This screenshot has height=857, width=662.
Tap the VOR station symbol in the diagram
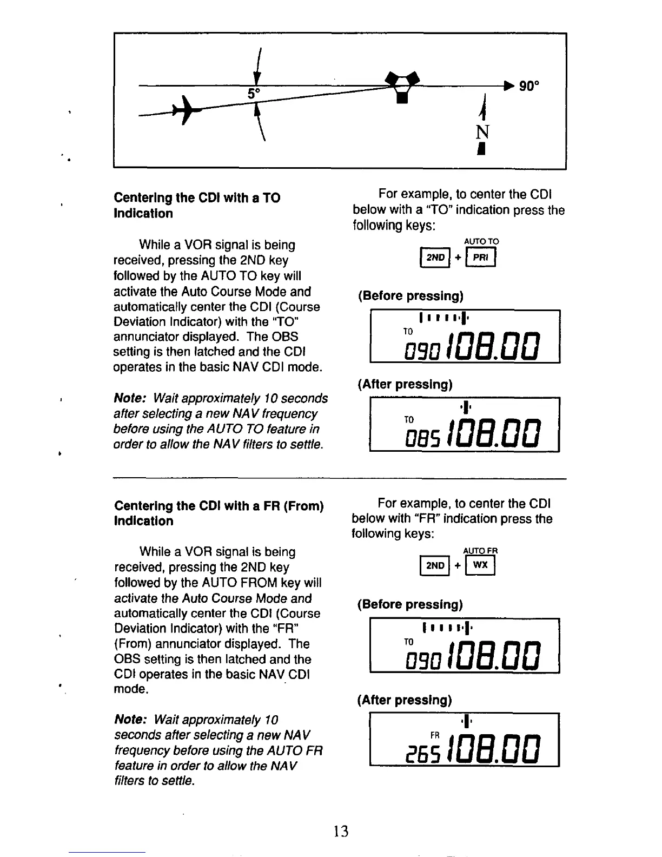pos(401,86)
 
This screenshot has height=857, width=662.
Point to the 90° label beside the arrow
pos(529,86)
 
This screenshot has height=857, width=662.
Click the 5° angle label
pos(254,94)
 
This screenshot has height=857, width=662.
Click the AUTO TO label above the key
pos(481,241)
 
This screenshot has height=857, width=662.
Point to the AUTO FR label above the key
pos(480,551)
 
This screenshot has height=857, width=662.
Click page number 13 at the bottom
pos(341,831)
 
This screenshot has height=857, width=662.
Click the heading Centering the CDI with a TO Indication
pos(197,206)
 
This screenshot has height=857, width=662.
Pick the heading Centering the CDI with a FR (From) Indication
pos(219,513)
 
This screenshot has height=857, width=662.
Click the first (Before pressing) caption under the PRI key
pos(411,296)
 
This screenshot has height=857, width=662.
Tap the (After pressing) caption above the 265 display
pos(404,700)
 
